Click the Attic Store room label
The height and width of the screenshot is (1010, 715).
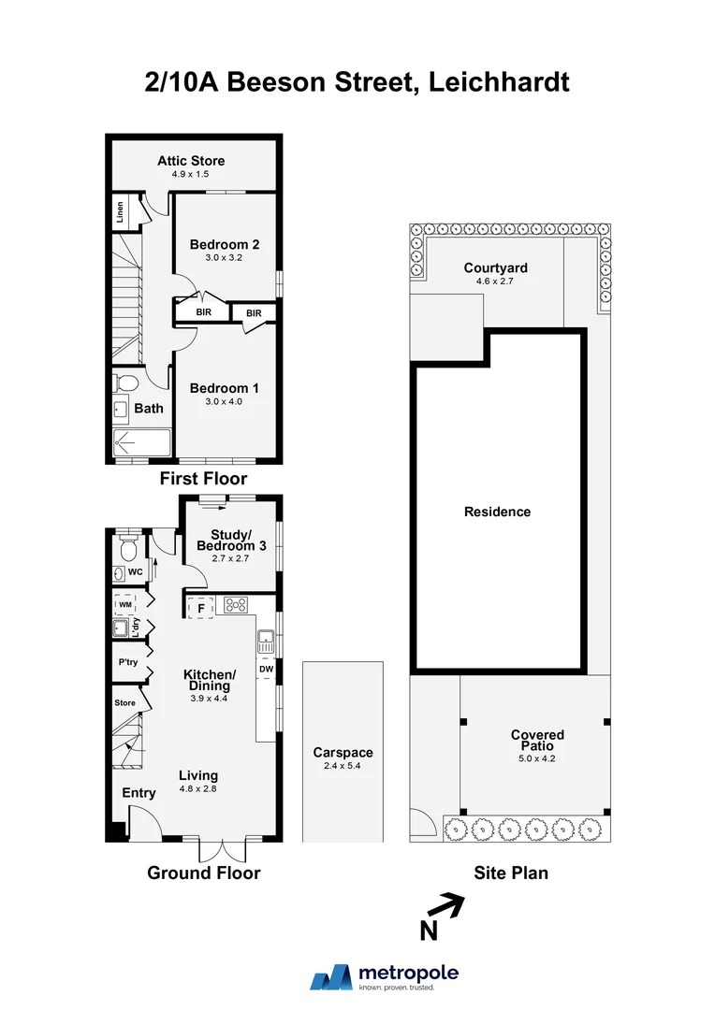[x=191, y=161]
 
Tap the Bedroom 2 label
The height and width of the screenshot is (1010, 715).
[x=224, y=245]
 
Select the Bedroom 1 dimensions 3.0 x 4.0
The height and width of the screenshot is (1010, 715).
[x=224, y=401]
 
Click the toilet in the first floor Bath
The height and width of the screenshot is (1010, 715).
[x=125, y=382]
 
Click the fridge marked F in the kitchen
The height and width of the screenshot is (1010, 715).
[x=199, y=607]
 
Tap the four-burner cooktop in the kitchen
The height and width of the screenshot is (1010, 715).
[x=235, y=604]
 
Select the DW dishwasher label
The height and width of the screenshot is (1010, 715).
[x=266, y=670]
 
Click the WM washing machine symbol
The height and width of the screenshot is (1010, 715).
[x=124, y=604]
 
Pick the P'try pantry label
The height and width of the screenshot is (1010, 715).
[x=127, y=663]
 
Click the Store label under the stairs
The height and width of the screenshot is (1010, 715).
[x=124, y=702]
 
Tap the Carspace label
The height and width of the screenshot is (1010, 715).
[x=343, y=752]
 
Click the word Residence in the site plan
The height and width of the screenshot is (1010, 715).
[x=498, y=512]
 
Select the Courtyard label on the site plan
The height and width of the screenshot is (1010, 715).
[x=489, y=268]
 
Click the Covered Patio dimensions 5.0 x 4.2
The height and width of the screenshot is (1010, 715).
[x=537, y=758]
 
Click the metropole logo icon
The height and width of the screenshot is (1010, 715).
[x=332, y=978]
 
